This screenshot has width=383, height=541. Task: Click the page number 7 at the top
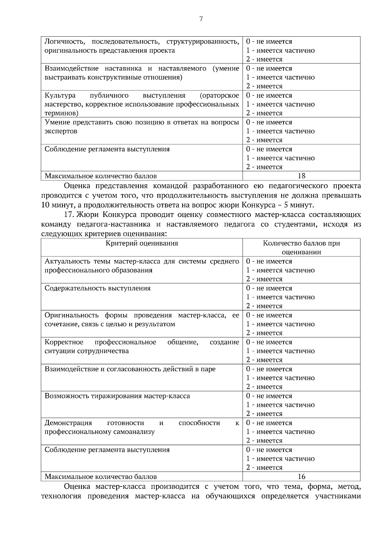(x=201, y=19)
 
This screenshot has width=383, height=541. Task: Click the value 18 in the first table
(x=301, y=176)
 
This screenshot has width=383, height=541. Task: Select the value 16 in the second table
(x=301, y=477)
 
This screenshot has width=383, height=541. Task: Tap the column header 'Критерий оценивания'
(x=142, y=243)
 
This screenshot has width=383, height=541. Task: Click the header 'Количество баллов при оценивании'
(x=301, y=248)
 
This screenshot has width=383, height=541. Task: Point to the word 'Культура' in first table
(x=60, y=96)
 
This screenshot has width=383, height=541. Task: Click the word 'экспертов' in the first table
(x=61, y=131)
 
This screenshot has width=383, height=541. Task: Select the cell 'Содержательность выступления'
(x=97, y=288)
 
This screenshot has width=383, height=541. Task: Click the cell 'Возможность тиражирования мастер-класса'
(x=117, y=396)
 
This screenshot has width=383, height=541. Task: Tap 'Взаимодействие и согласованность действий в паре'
(x=130, y=369)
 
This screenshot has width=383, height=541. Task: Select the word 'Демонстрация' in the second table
(x=68, y=423)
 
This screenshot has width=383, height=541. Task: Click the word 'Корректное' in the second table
(x=64, y=342)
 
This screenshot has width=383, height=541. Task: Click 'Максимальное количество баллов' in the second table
(x=101, y=477)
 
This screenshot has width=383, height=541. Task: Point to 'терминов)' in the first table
(x=61, y=113)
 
